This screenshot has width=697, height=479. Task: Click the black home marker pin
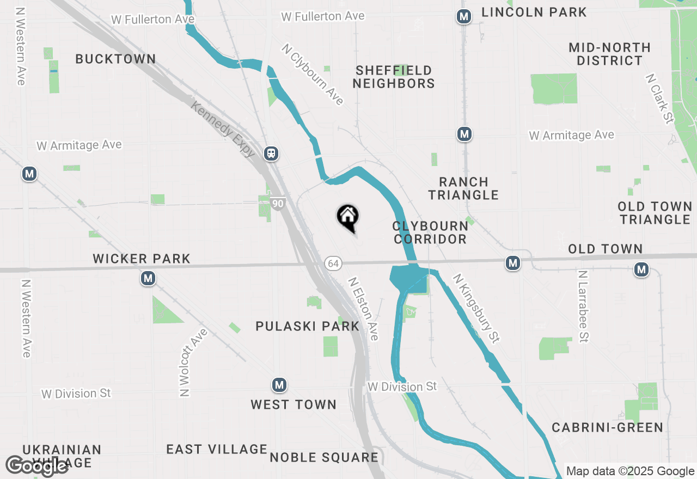347,217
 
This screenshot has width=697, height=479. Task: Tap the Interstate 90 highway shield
278,204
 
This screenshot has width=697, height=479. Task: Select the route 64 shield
333,263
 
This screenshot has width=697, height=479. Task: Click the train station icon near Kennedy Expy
271,153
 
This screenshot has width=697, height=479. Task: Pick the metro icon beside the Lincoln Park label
464,17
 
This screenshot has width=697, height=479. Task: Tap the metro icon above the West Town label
279,385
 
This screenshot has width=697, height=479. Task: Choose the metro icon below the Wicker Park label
148,279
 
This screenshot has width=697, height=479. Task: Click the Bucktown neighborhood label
115,59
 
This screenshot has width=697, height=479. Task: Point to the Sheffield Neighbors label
393,77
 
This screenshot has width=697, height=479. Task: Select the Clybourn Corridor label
430,232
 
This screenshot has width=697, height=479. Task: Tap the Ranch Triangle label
463,188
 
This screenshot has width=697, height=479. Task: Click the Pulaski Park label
308,326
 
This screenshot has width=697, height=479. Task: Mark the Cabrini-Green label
607,427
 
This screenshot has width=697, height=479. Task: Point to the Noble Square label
324,457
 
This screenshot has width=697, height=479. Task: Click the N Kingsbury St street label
476,308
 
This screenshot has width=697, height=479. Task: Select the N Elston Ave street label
363,309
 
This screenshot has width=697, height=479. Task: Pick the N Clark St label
659,99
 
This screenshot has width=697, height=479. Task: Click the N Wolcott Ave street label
186,363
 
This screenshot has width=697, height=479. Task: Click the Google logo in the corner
36,466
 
